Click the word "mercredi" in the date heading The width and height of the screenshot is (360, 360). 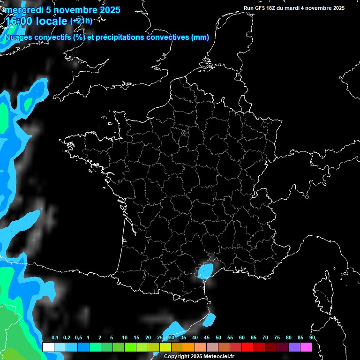(22, 10)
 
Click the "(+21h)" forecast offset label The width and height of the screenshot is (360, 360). (81, 21)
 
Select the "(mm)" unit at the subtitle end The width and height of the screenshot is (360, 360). (200, 37)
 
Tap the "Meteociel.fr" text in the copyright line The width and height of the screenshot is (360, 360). (218, 356)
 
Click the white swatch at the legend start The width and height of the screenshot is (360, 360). (48, 347)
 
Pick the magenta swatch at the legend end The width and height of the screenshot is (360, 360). (306, 347)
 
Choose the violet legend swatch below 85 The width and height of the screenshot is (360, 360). (294, 347)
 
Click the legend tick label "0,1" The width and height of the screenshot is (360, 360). (55, 338)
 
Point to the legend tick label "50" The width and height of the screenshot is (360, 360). (218, 338)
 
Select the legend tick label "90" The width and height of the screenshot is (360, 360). (312, 338)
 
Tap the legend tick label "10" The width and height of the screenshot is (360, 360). (125, 338)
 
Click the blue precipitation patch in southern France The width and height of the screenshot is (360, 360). (205, 270)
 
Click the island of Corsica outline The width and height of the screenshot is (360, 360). (323, 293)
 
